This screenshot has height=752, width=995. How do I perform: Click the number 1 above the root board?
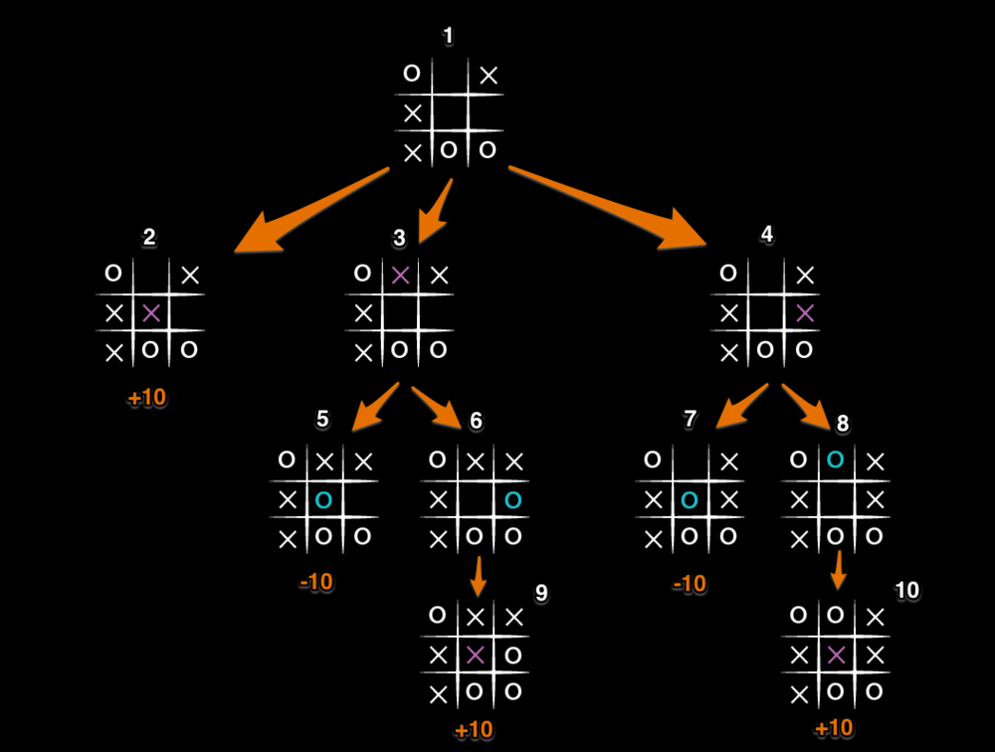448,37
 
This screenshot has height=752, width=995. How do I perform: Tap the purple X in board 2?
150,313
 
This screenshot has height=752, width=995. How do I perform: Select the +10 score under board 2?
147,398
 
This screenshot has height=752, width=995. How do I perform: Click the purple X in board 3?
400,276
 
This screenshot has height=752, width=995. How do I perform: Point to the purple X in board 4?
805,313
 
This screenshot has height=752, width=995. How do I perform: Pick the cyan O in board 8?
836,460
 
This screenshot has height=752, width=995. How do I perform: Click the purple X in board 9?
475,655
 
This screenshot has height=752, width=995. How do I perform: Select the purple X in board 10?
836,655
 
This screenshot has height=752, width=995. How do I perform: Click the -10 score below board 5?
316,582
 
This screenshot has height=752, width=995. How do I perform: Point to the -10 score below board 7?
689,584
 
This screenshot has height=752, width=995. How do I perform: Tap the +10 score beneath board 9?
474,730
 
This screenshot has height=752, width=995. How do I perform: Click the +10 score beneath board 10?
834,728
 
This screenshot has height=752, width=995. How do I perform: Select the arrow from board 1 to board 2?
308,212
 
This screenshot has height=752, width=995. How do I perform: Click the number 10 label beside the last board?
906,591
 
